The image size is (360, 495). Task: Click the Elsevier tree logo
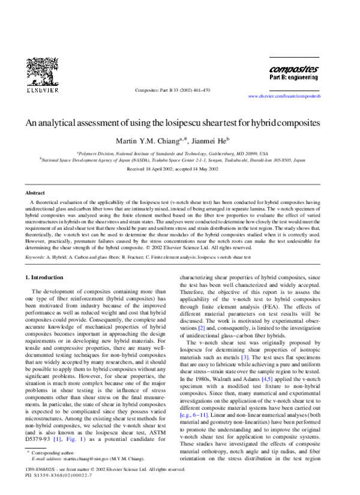(x=41, y=70)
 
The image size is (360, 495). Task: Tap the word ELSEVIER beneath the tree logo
(x=41, y=91)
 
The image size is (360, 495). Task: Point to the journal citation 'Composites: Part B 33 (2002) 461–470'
(x=172, y=91)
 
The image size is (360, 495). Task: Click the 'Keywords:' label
(x=35, y=257)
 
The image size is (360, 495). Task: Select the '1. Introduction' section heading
(x=47, y=278)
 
